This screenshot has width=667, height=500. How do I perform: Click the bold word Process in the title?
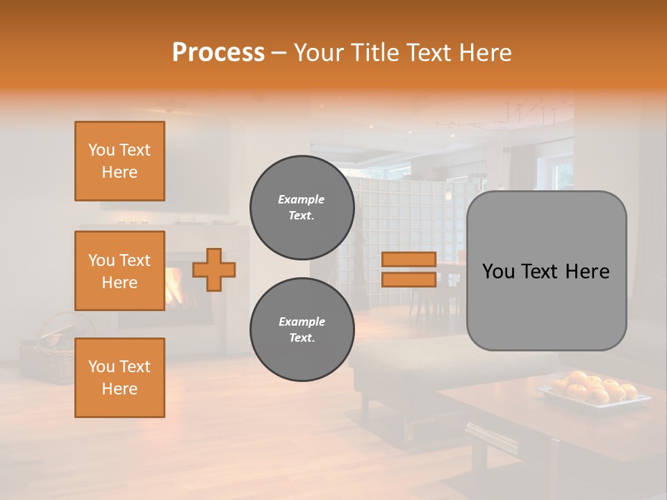click(218, 53)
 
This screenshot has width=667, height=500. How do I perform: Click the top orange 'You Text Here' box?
click(120, 161)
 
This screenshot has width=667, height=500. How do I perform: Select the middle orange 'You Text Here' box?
click(120, 271)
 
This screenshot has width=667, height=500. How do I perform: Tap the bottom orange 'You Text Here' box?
click(120, 378)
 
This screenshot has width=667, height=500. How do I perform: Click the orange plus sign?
click(214, 269)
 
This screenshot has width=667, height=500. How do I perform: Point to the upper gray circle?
click(302, 207)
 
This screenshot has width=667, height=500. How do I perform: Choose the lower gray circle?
click(302, 329)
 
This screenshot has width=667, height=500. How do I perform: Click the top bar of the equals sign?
click(409, 260)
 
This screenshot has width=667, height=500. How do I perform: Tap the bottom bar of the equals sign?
click(409, 279)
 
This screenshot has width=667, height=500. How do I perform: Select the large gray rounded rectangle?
click(546, 270)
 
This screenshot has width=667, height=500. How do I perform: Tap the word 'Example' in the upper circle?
click(302, 199)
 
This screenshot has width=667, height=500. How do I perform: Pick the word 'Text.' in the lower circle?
click(302, 337)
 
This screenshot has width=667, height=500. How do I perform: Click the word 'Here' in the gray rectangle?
click(587, 272)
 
